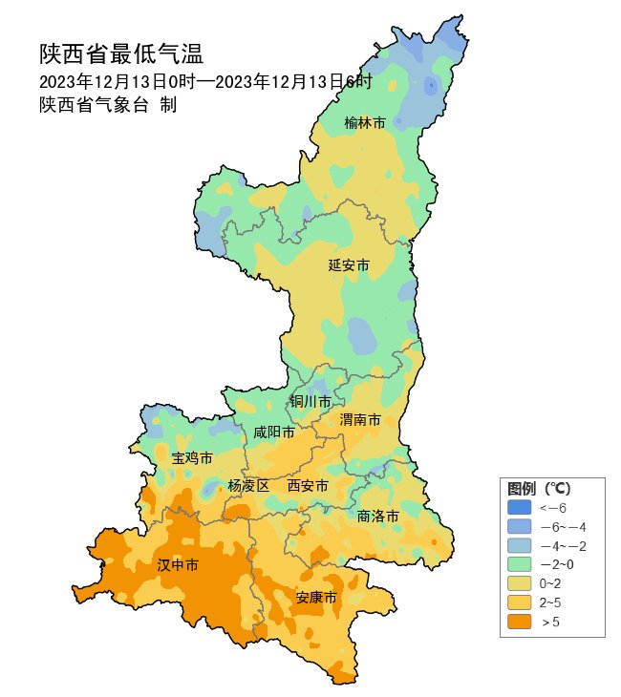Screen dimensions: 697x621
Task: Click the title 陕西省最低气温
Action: tap(121, 53)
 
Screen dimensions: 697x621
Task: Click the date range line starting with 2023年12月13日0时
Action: tap(205, 81)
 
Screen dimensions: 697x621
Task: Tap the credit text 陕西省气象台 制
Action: tap(108, 105)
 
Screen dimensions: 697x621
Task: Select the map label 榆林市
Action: tap(365, 123)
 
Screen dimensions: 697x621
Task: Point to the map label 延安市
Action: tap(349, 264)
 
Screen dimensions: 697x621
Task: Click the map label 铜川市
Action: tap(310, 401)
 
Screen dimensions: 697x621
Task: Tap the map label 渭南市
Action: tap(360, 420)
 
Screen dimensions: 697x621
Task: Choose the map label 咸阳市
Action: tap(273, 433)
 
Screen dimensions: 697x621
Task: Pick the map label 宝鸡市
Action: tap(192, 458)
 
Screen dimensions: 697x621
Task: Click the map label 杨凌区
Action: tap(248, 486)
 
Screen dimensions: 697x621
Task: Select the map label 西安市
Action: tap(308, 486)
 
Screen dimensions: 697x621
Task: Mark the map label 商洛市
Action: tap(377, 516)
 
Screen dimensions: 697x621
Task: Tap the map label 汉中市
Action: tap(178, 565)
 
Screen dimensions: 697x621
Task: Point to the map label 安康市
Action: tap(315, 598)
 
